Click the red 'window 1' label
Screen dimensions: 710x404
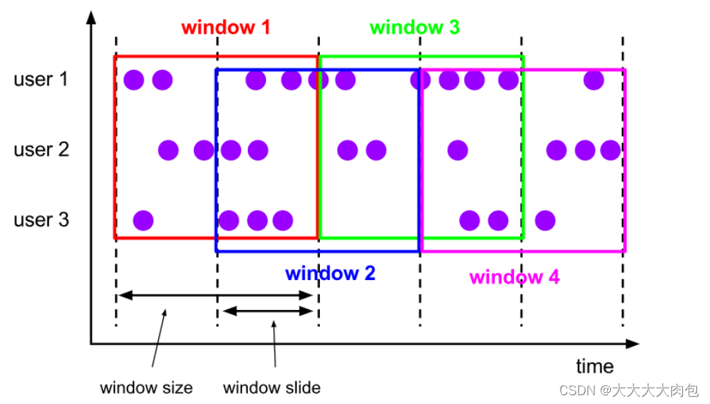point(225,28)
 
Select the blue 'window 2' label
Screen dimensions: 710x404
point(329,274)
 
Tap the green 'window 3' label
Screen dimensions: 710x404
point(414,28)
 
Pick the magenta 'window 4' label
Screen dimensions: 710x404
point(514,277)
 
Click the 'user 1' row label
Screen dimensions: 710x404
point(41,79)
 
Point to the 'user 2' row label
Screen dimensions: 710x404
point(41,150)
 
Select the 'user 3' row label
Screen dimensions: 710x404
point(41,220)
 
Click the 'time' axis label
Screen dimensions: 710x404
point(595,366)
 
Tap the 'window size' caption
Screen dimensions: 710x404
point(146,387)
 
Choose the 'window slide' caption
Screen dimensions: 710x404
point(271,387)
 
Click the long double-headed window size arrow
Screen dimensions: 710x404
point(216,295)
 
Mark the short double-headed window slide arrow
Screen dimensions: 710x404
point(268,311)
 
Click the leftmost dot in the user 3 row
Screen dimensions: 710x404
point(143,220)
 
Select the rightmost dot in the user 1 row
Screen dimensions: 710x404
point(594,79)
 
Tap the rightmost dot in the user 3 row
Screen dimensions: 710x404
point(545,220)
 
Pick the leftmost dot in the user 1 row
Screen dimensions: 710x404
point(133,79)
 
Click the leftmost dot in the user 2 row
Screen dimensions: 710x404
point(168,150)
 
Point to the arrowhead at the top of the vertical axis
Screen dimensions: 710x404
point(90,16)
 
